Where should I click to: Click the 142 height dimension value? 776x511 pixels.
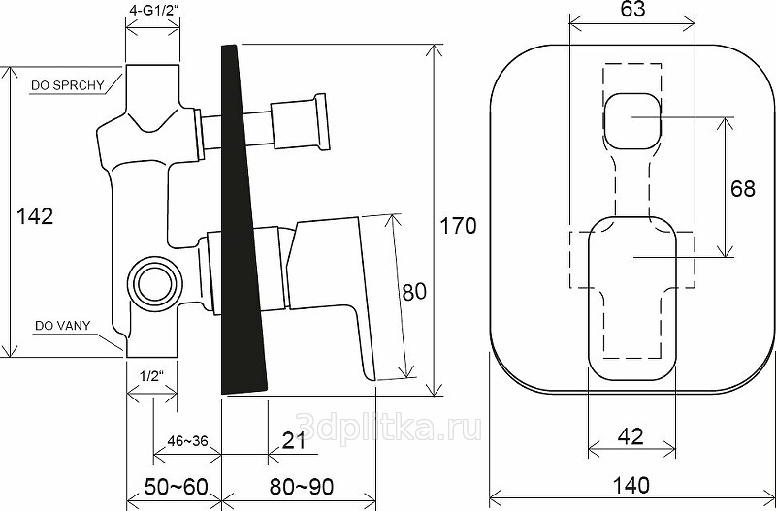click(35, 216)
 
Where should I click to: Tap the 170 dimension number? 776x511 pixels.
click(458, 226)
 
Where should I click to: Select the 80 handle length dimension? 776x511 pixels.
click(414, 292)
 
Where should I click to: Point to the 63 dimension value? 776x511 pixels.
click(632, 9)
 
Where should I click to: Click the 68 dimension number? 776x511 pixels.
click(743, 188)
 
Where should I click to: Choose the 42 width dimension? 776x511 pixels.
click(631, 436)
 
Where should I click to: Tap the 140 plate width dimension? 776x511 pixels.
click(631, 485)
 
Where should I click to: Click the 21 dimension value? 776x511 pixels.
click(294, 440)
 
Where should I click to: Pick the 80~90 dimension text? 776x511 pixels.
click(302, 487)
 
